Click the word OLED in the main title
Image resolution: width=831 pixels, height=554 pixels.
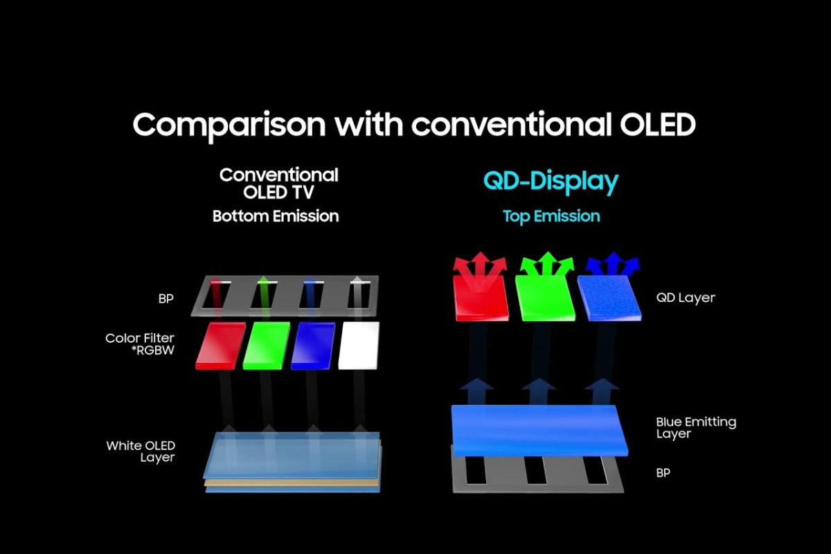pos(657,125)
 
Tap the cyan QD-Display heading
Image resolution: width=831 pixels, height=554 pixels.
pos(551,182)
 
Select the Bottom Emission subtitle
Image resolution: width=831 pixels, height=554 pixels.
pos(276,216)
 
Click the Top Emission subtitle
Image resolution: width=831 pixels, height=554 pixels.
pos(551,216)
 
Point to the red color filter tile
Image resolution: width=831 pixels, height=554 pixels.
pos(220,346)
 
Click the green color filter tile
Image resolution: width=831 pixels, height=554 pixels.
pos(267,346)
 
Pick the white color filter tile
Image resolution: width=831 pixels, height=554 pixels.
pos(359,346)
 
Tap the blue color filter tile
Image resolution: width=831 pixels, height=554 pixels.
pos(313,346)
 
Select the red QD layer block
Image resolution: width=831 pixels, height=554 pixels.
pos(481,298)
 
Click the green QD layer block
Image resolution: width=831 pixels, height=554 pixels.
pos(545,298)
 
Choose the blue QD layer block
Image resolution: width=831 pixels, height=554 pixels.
pos(609,298)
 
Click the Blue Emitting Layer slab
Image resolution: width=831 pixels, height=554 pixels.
pos(539,431)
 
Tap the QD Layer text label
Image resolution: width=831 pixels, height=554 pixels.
pos(686,298)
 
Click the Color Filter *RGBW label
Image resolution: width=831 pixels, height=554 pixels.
pos(140,344)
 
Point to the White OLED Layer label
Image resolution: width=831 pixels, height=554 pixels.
pos(141,452)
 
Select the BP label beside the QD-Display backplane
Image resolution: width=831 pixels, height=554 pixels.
pos(663,473)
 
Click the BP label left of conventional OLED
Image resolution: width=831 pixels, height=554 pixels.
pos(166,298)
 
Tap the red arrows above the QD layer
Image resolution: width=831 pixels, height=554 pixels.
pos(480,265)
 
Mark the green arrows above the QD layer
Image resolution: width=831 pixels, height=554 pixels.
pos(547,265)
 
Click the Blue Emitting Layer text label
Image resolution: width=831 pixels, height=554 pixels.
pos(696,427)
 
